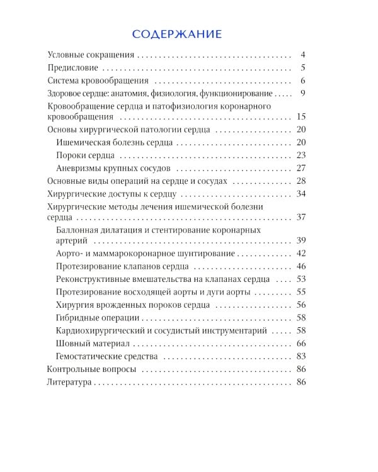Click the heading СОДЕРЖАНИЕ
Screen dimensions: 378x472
[x=177, y=33]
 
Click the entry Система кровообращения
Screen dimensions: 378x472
[x=98, y=81]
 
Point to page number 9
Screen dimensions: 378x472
[x=302, y=93]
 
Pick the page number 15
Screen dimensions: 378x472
[x=301, y=117]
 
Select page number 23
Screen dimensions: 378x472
[x=301, y=155]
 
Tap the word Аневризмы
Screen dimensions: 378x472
[x=79, y=168]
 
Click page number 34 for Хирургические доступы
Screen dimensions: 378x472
[x=301, y=193]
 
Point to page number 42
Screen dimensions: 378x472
[x=301, y=253]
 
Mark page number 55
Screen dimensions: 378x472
[x=301, y=291]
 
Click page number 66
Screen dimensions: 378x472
[x=301, y=343]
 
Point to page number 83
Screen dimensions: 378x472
[x=301, y=356]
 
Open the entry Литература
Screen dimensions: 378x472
[x=69, y=382]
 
